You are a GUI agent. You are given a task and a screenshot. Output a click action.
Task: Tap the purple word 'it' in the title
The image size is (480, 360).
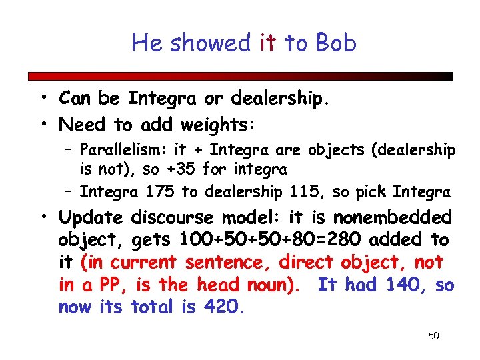[268, 43]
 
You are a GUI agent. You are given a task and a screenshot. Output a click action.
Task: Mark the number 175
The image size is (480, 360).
[159, 192]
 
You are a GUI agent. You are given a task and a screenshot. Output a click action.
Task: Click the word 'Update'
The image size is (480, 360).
[91, 217]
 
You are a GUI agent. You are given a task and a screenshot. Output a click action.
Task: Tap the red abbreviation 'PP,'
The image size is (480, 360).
[114, 285]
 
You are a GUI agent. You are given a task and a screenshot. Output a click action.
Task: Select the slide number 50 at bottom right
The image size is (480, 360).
[433, 336]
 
